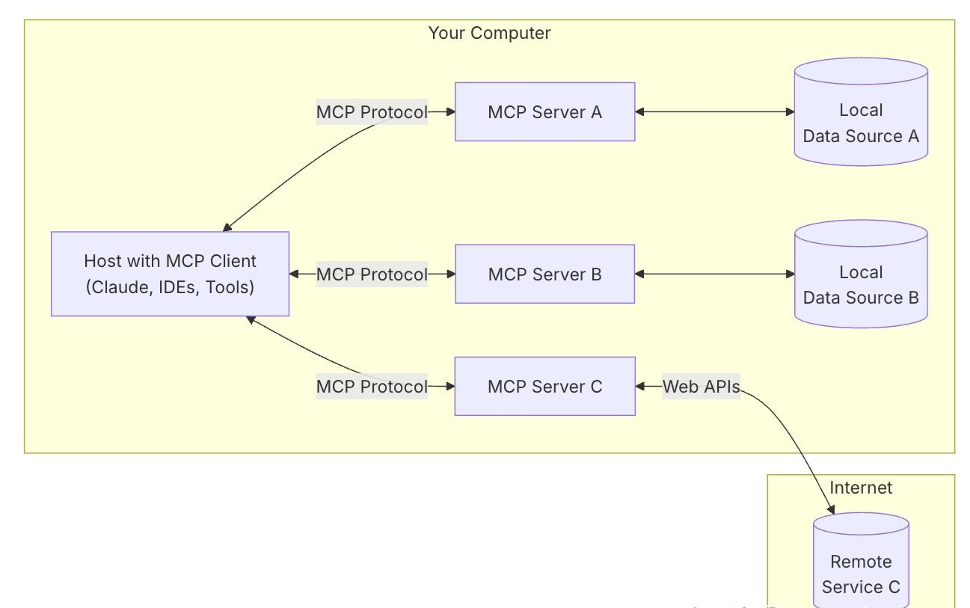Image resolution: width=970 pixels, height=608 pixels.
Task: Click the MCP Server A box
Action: [544, 111]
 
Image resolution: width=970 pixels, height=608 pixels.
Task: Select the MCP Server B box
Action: [544, 274]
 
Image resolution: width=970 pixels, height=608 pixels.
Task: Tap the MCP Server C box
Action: [544, 387]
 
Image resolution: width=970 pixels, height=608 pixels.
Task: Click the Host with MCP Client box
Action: [171, 274]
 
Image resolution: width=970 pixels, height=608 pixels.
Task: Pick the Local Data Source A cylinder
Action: [861, 111]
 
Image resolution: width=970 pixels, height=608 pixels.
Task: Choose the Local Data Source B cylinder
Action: [861, 274]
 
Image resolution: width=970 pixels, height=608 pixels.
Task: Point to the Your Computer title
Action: [489, 33]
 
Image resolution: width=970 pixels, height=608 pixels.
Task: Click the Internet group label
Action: [861, 488]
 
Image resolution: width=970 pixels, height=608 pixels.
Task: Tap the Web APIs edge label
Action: [701, 387]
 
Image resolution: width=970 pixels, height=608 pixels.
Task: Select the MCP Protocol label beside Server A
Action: [372, 111]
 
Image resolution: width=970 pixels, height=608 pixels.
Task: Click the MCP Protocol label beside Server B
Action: [372, 274]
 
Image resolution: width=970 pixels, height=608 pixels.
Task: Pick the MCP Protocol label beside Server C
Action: [372, 387]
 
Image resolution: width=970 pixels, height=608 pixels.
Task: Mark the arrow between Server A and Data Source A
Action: [715, 111]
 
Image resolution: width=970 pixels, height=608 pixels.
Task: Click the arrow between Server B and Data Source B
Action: [715, 274]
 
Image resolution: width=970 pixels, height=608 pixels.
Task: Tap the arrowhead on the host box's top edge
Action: [227, 227]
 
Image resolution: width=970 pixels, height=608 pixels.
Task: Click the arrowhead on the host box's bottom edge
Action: [251, 320]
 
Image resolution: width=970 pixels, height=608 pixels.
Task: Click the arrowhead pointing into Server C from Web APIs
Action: [640, 387]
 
